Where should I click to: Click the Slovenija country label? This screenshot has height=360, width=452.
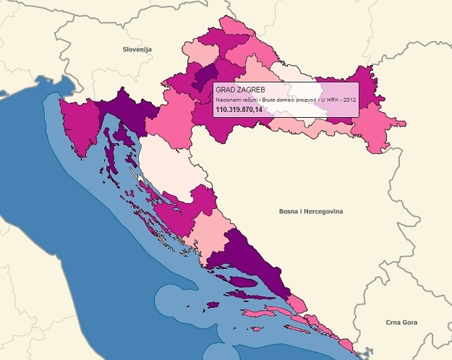pos(135,49)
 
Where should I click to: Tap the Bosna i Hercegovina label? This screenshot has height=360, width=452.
pos(310,211)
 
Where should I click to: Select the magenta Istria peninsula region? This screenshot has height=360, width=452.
pos(78,126)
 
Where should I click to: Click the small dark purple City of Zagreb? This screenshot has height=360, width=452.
pos(205,75)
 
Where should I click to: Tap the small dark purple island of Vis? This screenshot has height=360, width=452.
pos(216,304)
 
